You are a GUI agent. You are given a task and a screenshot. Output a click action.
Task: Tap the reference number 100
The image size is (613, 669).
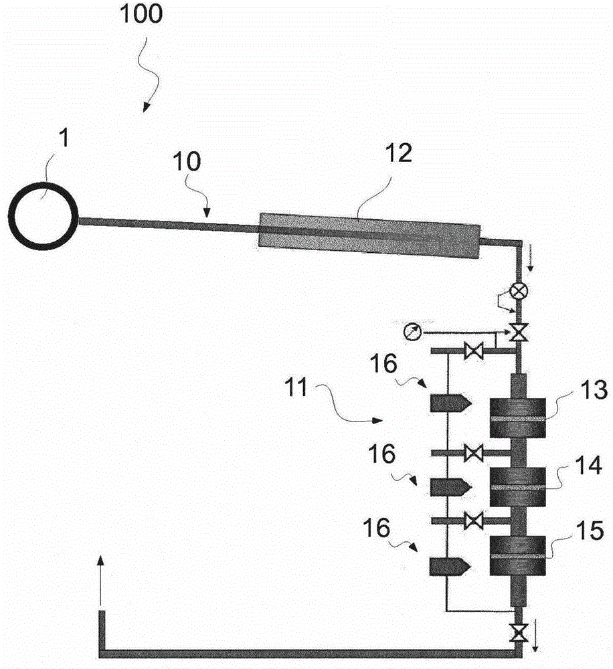pos(141,13)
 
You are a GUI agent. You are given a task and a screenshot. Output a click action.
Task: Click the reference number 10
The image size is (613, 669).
pos(187,162)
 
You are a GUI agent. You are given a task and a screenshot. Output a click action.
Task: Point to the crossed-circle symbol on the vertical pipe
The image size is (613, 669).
pos(519,292)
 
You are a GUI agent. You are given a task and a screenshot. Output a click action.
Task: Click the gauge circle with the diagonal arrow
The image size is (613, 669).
pos(412,332)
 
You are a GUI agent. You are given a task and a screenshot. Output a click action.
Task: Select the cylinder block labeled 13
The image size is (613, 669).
pos(517,418)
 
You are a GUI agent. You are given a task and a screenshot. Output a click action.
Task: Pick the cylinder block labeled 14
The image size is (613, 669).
pos(517,487)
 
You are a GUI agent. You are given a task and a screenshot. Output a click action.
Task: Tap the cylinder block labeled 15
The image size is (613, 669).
pos(517,555)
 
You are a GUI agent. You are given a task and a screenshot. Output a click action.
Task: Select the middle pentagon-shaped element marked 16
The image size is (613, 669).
pos(450,487)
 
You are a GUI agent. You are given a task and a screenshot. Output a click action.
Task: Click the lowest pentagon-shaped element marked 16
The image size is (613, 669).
pos(450,567)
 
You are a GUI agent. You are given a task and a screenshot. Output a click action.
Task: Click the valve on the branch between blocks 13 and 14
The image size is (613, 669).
pos(473,453)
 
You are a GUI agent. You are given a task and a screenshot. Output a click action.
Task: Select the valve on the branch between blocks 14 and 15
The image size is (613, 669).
pos(473,521)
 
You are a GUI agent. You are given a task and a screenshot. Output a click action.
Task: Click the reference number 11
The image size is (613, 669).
pos(296,388)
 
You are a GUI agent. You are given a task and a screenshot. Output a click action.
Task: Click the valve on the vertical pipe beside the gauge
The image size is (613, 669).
pos(519,332)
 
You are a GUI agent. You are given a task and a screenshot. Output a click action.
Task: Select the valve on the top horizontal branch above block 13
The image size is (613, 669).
pos(473,351)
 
